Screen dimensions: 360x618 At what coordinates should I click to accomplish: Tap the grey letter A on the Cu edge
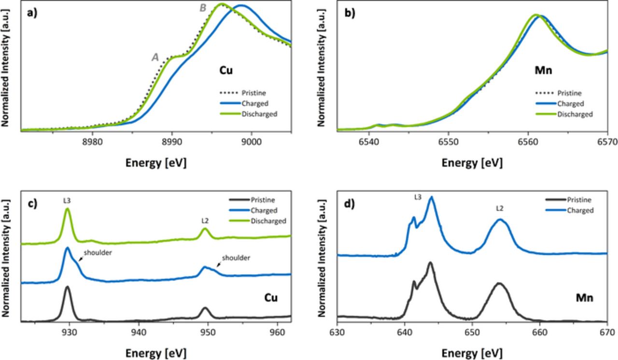tap(155, 57)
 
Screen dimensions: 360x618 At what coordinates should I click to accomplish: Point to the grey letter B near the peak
tap(203, 8)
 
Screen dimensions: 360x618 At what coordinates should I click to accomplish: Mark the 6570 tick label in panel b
tap(606, 141)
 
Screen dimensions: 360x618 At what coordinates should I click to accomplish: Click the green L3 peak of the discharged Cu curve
tap(68, 209)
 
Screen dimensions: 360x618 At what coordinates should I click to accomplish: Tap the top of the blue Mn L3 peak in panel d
tap(431, 197)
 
